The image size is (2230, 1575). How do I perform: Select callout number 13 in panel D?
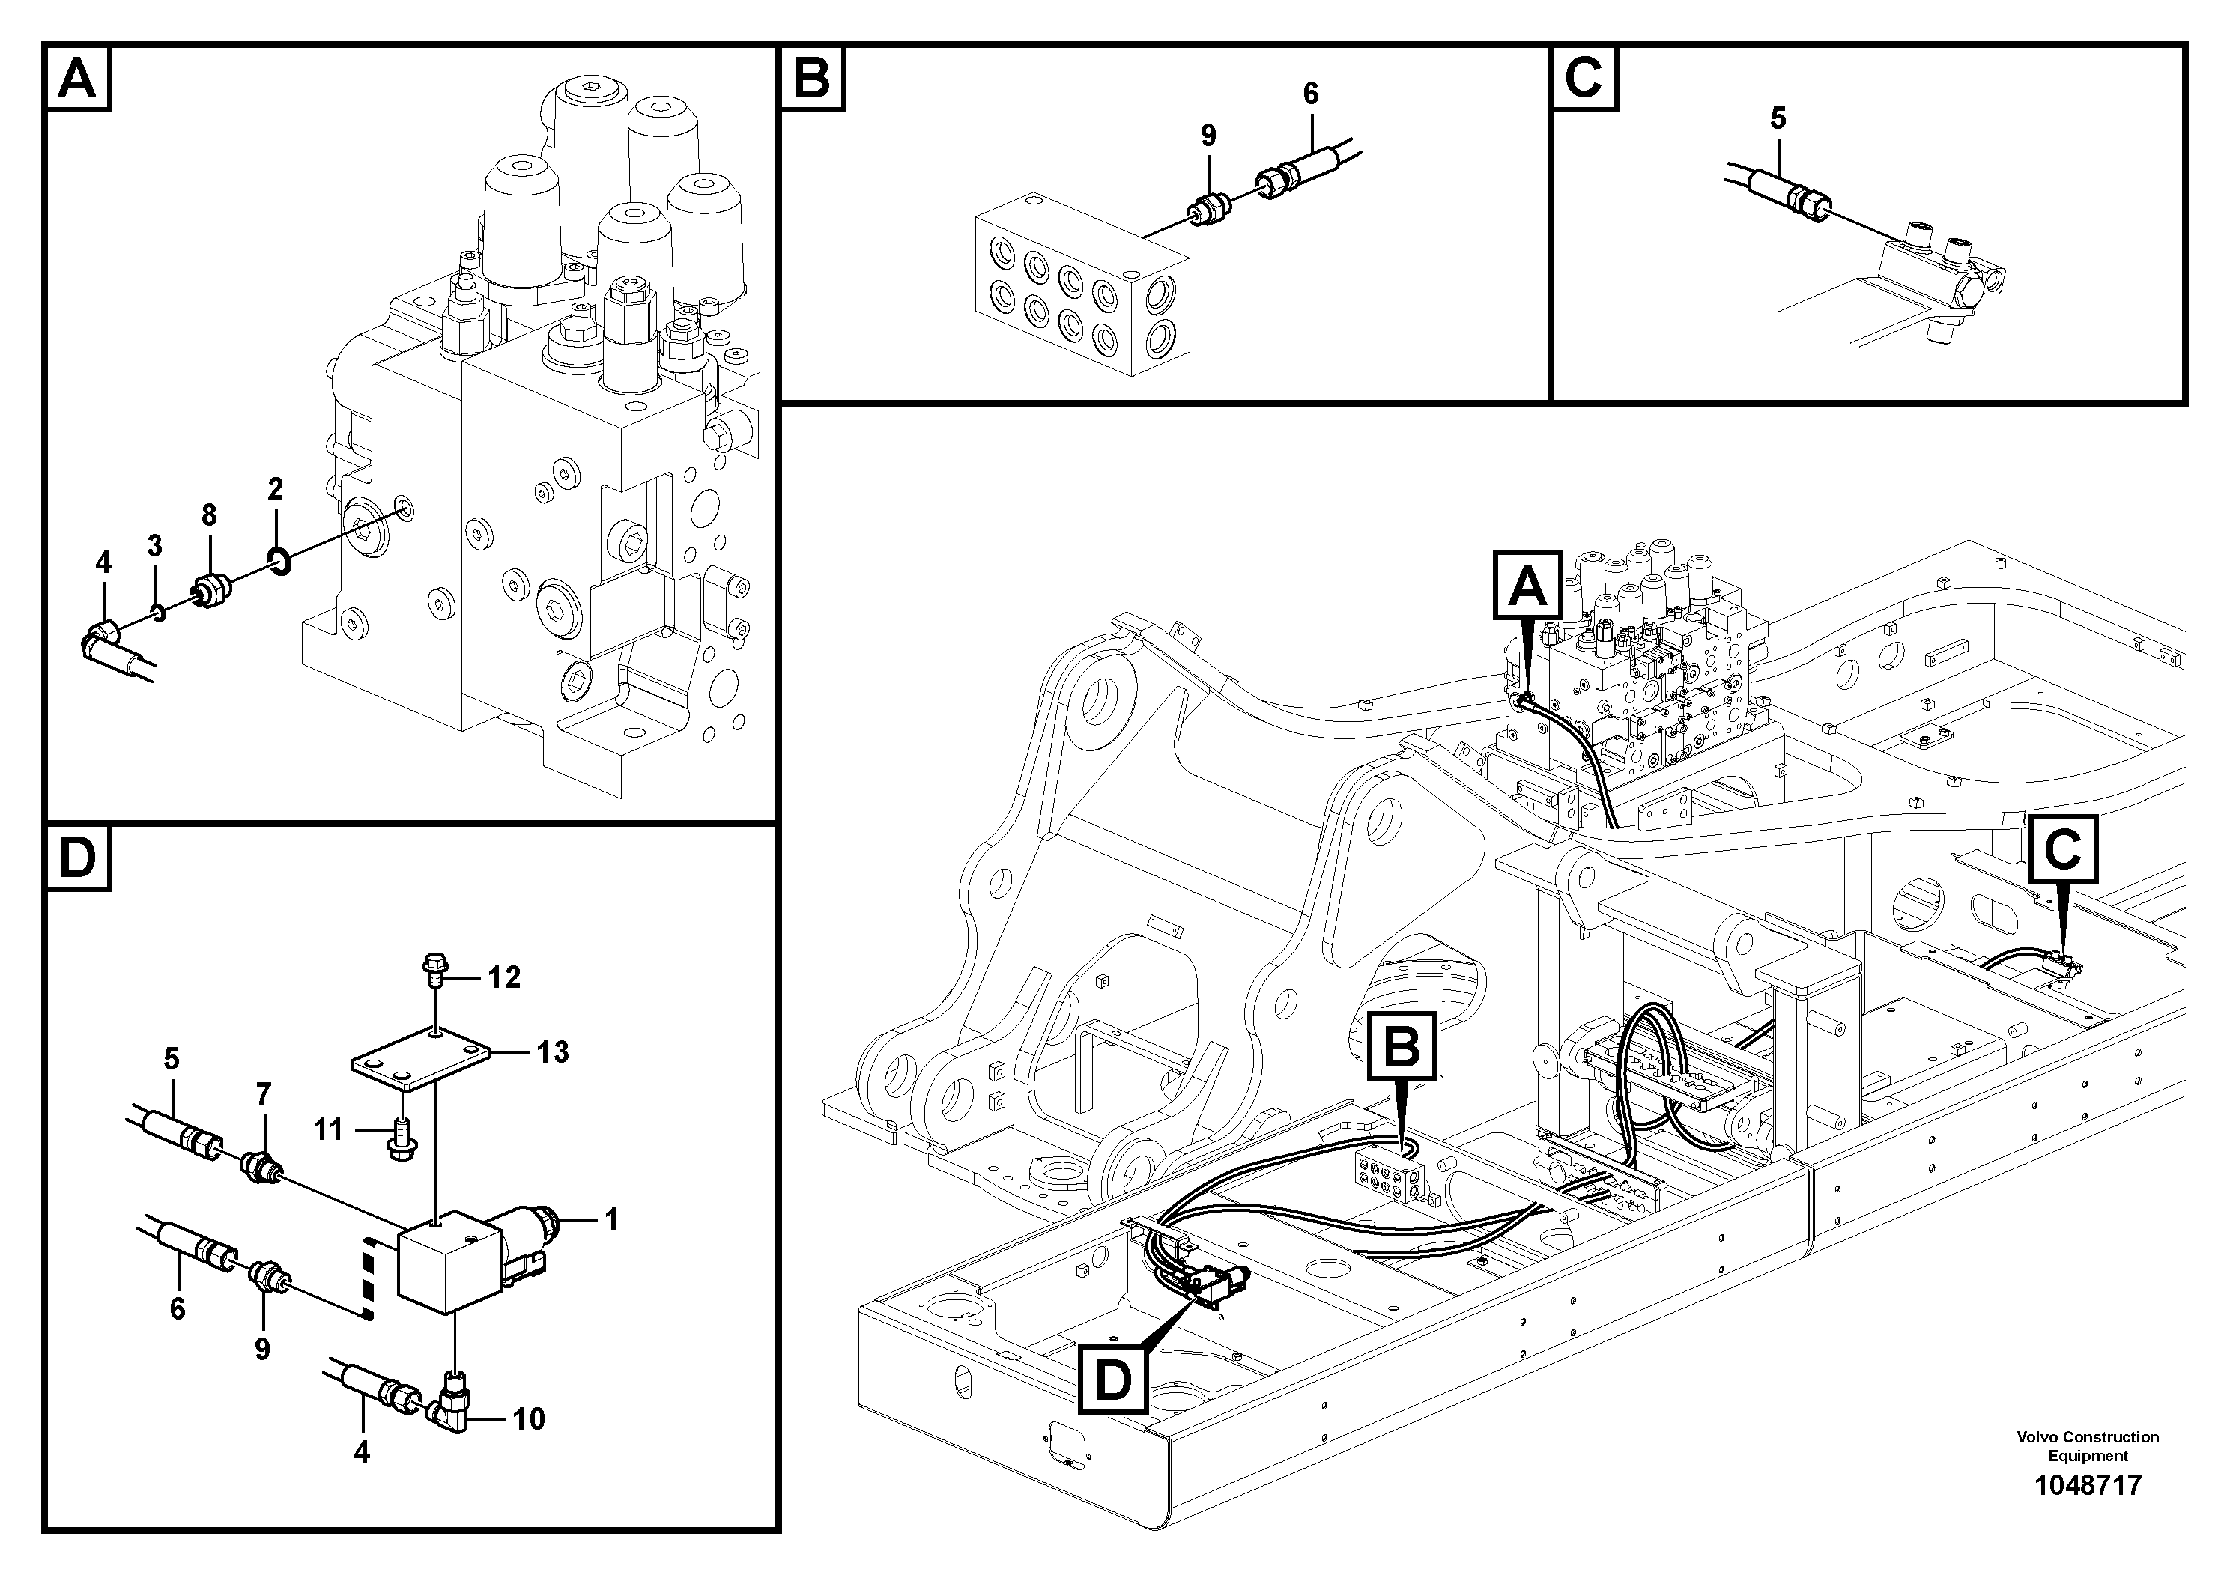click(x=553, y=1051)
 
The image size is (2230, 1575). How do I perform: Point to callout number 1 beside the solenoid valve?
click(x=611, y=1219)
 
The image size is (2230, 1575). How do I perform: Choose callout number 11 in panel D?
click(x=328, y=1129)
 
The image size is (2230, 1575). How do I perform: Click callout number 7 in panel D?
click(x=263, y=1096)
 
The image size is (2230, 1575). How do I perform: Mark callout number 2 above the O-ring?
click(x=275, y=489)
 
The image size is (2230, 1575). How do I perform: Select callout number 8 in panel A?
click(x=209, y=515)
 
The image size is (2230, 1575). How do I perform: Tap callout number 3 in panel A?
click(x=154, y=546)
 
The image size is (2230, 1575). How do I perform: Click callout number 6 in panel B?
click(x=1310, y=94)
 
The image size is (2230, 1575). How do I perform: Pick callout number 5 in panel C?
click(x=1778, y=119)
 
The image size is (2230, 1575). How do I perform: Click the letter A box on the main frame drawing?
click(x=1526, y=585)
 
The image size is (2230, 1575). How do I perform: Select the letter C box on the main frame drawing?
click(x=2062, y=852)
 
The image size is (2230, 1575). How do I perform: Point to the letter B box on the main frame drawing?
click(x=1402, y=1045)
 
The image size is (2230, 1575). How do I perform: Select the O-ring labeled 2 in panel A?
click(x=279, y=561)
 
